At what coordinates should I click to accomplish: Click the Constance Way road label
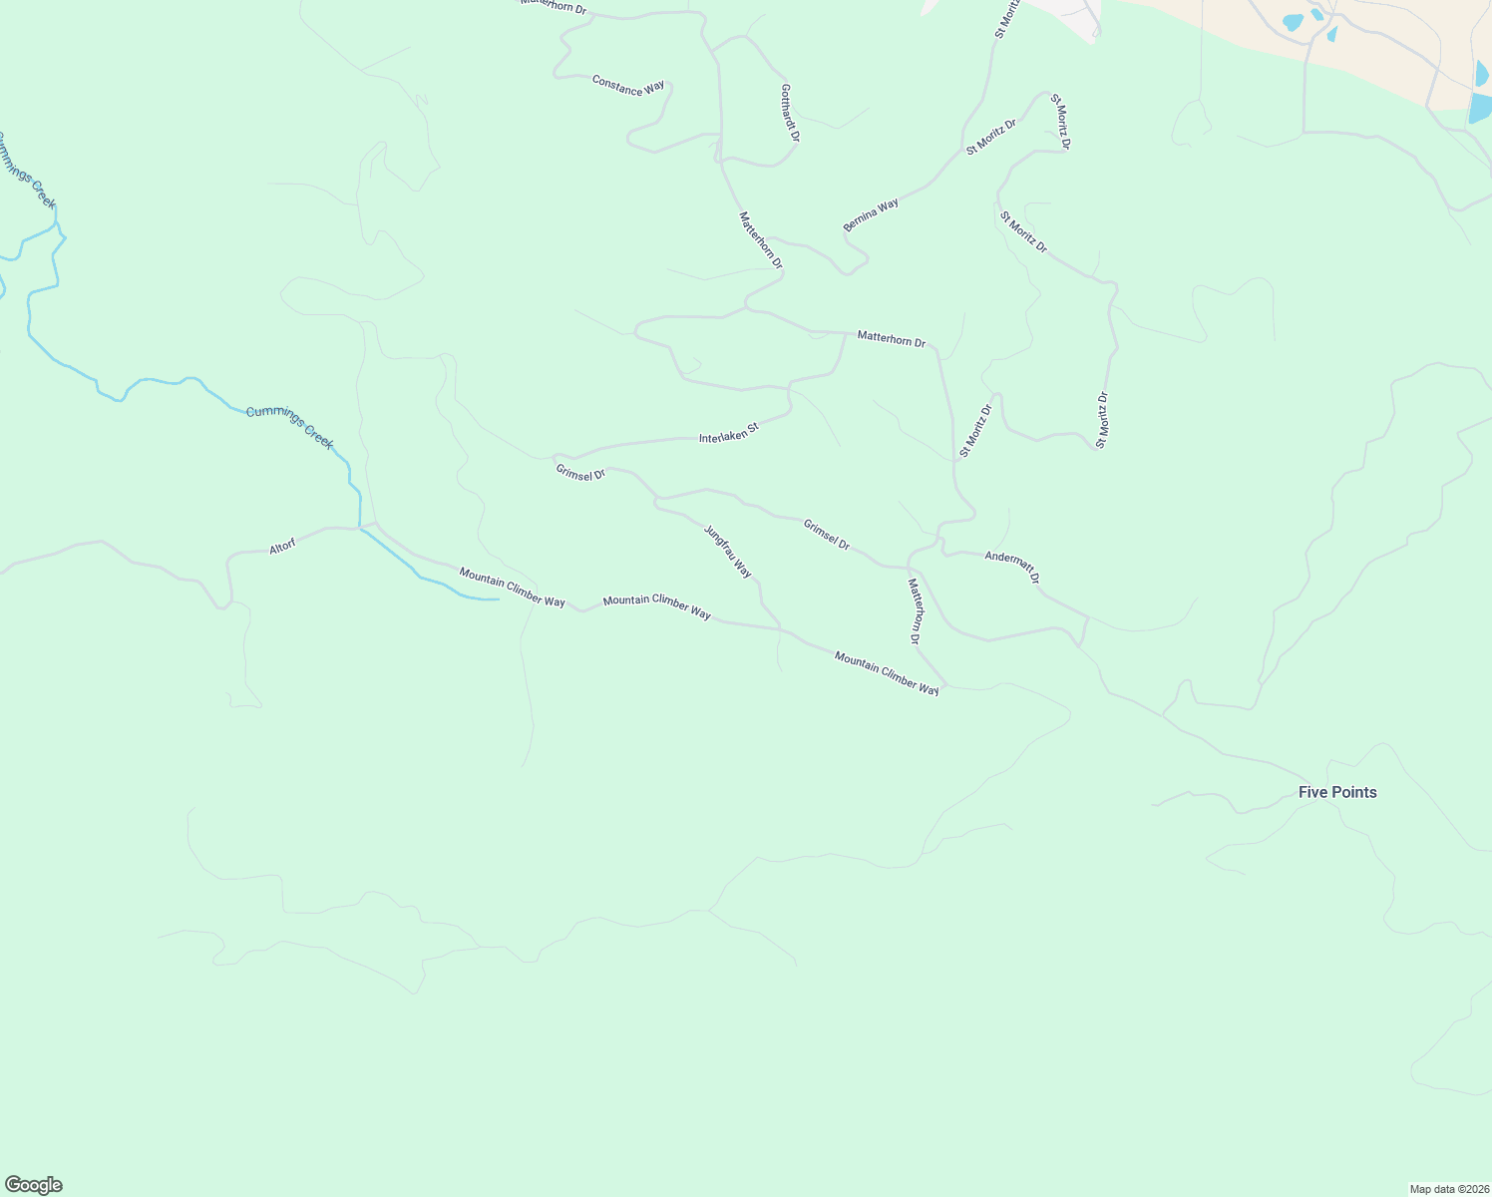628,86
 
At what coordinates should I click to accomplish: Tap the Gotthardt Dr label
790,112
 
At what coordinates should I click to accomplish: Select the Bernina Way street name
871,214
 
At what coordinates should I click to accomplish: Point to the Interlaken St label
729,433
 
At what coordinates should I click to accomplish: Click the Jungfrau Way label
728,552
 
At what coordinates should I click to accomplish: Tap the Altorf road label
282,547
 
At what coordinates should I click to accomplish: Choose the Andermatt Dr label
1012,567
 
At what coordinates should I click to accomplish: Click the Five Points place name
1337,792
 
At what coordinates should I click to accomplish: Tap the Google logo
34,1185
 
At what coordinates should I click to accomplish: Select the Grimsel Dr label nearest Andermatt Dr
827,535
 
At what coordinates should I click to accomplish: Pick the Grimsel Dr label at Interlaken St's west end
580,472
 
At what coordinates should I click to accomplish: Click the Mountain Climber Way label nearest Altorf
512,587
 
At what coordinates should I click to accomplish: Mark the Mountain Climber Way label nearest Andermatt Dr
887,673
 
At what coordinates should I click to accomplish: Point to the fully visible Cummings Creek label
290,427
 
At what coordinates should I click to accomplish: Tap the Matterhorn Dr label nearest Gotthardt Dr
761,239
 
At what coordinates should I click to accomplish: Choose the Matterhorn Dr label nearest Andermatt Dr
914,610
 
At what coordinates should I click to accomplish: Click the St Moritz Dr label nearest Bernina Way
990,137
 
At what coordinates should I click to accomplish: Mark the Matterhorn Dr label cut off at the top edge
554,5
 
